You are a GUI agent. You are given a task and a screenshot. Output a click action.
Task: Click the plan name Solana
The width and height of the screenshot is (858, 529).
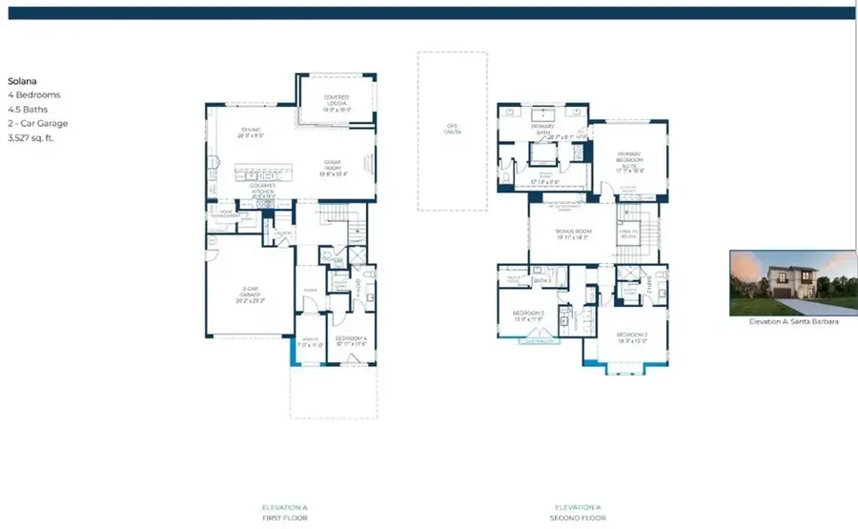(23, 82)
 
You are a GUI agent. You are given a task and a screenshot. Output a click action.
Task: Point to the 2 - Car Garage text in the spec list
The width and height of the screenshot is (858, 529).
(38, 123)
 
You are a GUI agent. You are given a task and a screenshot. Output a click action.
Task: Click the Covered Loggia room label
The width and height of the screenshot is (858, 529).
(336, 100)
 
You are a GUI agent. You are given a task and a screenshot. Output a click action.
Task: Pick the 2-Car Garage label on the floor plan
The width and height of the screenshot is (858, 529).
(248, 294)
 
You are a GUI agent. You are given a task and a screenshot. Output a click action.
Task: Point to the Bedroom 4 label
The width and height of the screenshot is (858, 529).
(352, 340)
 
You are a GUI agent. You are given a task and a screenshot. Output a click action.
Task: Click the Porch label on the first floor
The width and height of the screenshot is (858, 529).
(311, 340)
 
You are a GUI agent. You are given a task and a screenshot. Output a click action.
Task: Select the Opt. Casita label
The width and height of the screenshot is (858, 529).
(453, 129)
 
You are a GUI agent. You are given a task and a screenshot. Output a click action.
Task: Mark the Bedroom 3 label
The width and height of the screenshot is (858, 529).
(529, 315)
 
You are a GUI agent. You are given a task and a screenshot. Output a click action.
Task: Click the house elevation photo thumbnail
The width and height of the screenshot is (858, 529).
(788, 283)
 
